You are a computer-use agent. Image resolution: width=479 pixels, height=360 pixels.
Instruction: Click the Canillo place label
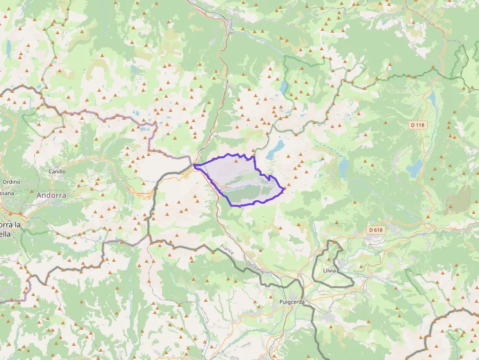57,171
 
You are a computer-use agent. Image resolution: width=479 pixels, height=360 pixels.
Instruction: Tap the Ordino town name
11,182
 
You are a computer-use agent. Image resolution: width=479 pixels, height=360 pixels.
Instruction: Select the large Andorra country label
51,195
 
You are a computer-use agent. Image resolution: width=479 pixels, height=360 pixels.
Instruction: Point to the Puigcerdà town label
292,302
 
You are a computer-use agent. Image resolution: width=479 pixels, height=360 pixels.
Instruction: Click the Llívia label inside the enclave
330,270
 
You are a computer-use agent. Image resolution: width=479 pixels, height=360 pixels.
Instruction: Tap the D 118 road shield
418,125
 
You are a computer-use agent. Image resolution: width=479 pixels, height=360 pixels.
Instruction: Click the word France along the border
227,251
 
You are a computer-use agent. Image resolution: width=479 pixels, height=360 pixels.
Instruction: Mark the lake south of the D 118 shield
415,169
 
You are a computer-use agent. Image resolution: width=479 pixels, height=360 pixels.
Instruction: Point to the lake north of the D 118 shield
431,100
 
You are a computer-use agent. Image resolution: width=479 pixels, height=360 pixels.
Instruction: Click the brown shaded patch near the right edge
458,200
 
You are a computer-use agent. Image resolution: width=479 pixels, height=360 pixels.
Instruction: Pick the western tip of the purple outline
195,166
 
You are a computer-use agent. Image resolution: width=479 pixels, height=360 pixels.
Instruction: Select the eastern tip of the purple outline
284,189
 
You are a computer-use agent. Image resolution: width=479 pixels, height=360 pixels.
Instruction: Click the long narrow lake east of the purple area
344,169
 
